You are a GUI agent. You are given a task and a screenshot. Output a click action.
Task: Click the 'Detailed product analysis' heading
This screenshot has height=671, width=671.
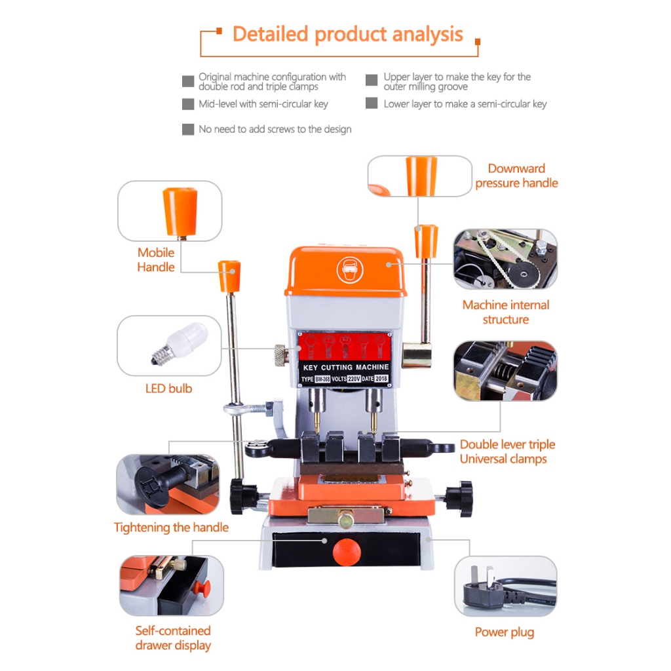[347, 34]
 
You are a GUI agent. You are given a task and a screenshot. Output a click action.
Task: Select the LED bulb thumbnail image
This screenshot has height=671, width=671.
[169, 345]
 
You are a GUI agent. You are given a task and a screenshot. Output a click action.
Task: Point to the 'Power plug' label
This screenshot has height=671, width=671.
[504, 632]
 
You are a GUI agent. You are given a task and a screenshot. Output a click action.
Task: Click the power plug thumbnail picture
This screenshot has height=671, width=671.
[505, 586]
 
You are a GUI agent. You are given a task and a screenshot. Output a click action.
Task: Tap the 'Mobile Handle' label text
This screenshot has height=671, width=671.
[156, 259]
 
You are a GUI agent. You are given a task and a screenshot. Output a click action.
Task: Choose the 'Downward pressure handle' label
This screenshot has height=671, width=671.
[516, 176]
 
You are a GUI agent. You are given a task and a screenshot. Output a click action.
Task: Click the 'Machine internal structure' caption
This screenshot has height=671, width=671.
[505, 312]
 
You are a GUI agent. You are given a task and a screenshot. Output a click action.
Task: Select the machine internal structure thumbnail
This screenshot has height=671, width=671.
[505, 259]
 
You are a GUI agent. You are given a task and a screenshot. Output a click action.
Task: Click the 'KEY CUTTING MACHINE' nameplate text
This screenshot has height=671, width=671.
[346, 368]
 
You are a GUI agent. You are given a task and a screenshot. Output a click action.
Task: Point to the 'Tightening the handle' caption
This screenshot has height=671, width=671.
[171, 527]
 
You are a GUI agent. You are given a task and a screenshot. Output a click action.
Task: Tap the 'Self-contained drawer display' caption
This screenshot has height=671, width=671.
[173, 638]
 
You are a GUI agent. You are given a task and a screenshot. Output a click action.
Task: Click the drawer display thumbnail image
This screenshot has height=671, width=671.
[171, 586]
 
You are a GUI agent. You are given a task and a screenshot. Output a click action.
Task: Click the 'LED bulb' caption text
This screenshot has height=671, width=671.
[168, 389]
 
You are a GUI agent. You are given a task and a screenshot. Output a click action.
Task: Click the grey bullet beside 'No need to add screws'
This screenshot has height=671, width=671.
[188, 130]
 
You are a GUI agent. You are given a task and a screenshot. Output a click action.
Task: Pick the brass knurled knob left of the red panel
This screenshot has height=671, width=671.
[278, 355]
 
